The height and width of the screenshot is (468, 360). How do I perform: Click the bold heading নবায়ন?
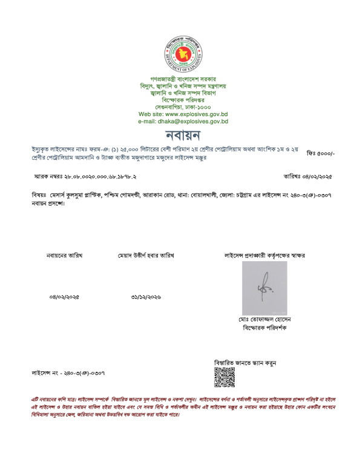pos(182,134)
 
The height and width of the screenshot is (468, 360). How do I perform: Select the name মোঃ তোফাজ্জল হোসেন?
pos(264,319)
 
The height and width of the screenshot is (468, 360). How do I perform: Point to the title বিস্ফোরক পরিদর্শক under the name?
pos(264,327)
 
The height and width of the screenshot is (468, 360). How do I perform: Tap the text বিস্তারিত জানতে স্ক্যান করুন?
pos(245,363)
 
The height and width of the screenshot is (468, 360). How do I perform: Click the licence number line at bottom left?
pos(68,373)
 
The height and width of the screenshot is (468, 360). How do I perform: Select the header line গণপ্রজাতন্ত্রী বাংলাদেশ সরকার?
pos(183,80)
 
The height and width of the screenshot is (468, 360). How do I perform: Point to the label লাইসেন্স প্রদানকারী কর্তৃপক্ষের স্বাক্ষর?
pos(264,256)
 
